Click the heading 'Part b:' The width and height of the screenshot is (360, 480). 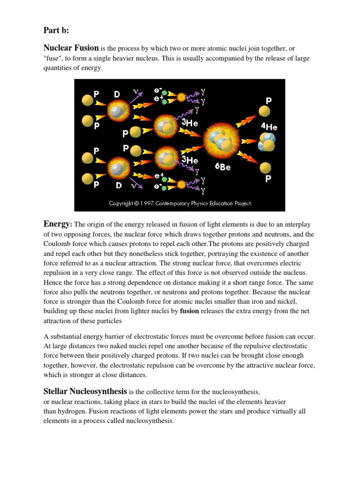[56, 30]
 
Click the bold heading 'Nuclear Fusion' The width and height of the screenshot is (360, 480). [71, 48]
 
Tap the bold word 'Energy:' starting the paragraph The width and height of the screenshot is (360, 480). [58, 224]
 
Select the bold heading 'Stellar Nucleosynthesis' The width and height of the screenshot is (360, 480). [85, 391]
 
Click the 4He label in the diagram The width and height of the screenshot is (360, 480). [269, 127]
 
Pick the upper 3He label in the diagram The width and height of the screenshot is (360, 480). [189, 123]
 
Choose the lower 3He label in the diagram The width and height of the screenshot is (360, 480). [189, 160]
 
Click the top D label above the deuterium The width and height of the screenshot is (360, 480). [117, 95]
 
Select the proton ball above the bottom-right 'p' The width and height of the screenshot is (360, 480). [265, 167]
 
